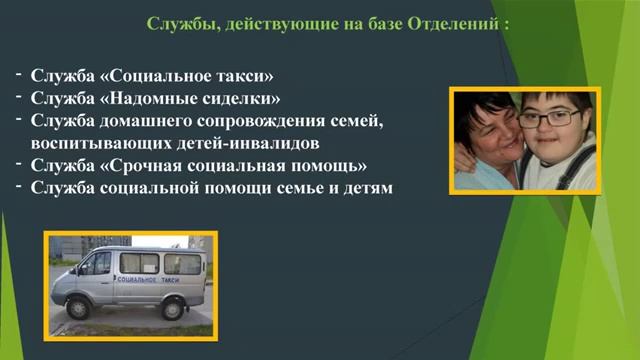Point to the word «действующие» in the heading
pos(268,23)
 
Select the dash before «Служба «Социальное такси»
pos(19,74)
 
